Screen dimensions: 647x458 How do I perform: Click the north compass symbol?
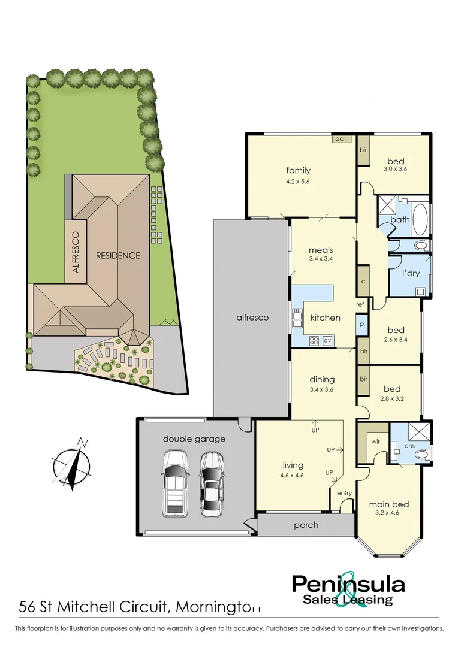click(x=72, y=465)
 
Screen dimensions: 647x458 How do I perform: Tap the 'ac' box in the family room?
click(x=339, y=139)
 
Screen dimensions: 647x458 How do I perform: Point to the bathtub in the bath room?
click(x=420, y=220)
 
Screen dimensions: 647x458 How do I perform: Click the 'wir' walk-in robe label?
click(x=376, y=441)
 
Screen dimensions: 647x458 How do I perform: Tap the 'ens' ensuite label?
click(x=410, y=446)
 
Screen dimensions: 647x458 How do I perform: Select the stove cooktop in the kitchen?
click(x=314, y=340)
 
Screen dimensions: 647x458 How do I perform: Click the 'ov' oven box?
click(x=327, y=340)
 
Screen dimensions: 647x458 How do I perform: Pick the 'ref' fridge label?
click(x=360, y=305)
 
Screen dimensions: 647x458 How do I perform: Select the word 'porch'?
click(x=306, y=525)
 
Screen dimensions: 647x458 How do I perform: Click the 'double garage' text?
click(x=194, y=439)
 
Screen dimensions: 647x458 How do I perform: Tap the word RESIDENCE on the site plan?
click(x=118, y=255)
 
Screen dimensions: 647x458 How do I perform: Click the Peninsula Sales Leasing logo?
click(x=348, y=589)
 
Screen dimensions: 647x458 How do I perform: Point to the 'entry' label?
click(x=344, y=493)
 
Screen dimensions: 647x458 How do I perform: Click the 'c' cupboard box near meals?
click(x=363, y=281)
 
